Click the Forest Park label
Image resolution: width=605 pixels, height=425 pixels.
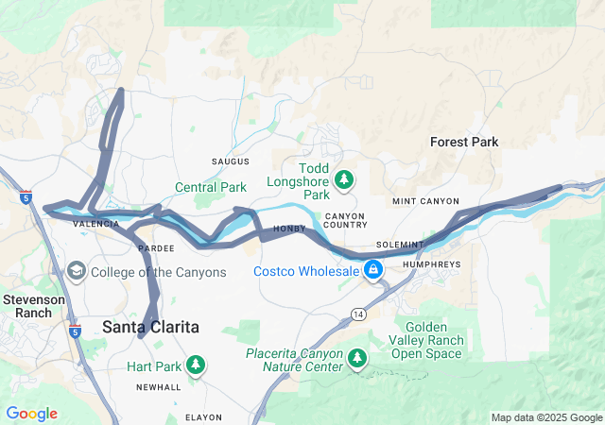tap(463, 142)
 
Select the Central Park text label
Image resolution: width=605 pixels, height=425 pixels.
tap(210, 187)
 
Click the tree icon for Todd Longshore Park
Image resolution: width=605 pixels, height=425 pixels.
tap(344, 178)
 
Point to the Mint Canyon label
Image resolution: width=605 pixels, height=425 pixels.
tap(425, 201)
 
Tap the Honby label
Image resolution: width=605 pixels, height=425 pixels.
tap(289, 229)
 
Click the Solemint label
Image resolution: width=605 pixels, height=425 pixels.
tap(397, 245)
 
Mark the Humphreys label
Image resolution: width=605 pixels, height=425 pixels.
tap(432, 264)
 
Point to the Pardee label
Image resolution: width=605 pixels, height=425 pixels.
tap(155, 247)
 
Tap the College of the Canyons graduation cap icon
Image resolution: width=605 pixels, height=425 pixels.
tap(75, 272)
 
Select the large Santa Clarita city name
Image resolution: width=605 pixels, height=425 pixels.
tap(150, 327)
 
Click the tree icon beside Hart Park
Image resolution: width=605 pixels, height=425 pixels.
tap(196, 365)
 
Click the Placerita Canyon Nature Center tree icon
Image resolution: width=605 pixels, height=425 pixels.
tap(356, 358)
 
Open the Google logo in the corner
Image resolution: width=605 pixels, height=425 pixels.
tap(31, 414)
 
